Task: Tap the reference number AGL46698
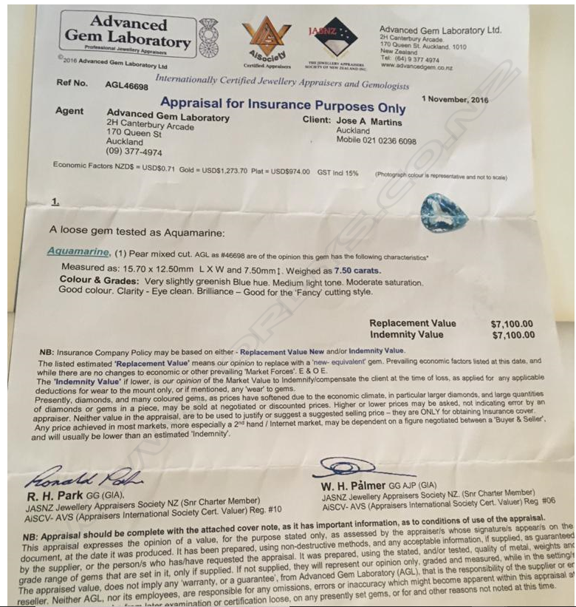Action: (x=126, y=87)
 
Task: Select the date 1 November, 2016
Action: (x=456, y=98)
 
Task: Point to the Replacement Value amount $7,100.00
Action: (x=512, y=324)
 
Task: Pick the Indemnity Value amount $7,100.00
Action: (x=512, y=335)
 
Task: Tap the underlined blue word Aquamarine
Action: (x=79, y=251)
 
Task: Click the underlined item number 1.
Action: (x=55, y=201)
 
